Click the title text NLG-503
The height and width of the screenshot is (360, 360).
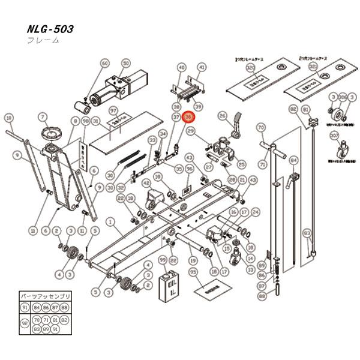point(50,29)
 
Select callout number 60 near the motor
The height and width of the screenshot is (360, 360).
point(105,63)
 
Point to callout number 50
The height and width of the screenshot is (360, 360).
point(125,63)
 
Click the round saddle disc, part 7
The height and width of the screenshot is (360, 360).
point(48,131)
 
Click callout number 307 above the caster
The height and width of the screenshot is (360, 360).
point(334,135)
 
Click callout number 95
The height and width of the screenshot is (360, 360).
point(193,272)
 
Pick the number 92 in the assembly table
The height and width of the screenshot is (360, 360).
point(25,323)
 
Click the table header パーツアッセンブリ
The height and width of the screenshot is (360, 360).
point(46,297)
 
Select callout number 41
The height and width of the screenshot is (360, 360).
point(202,67)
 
